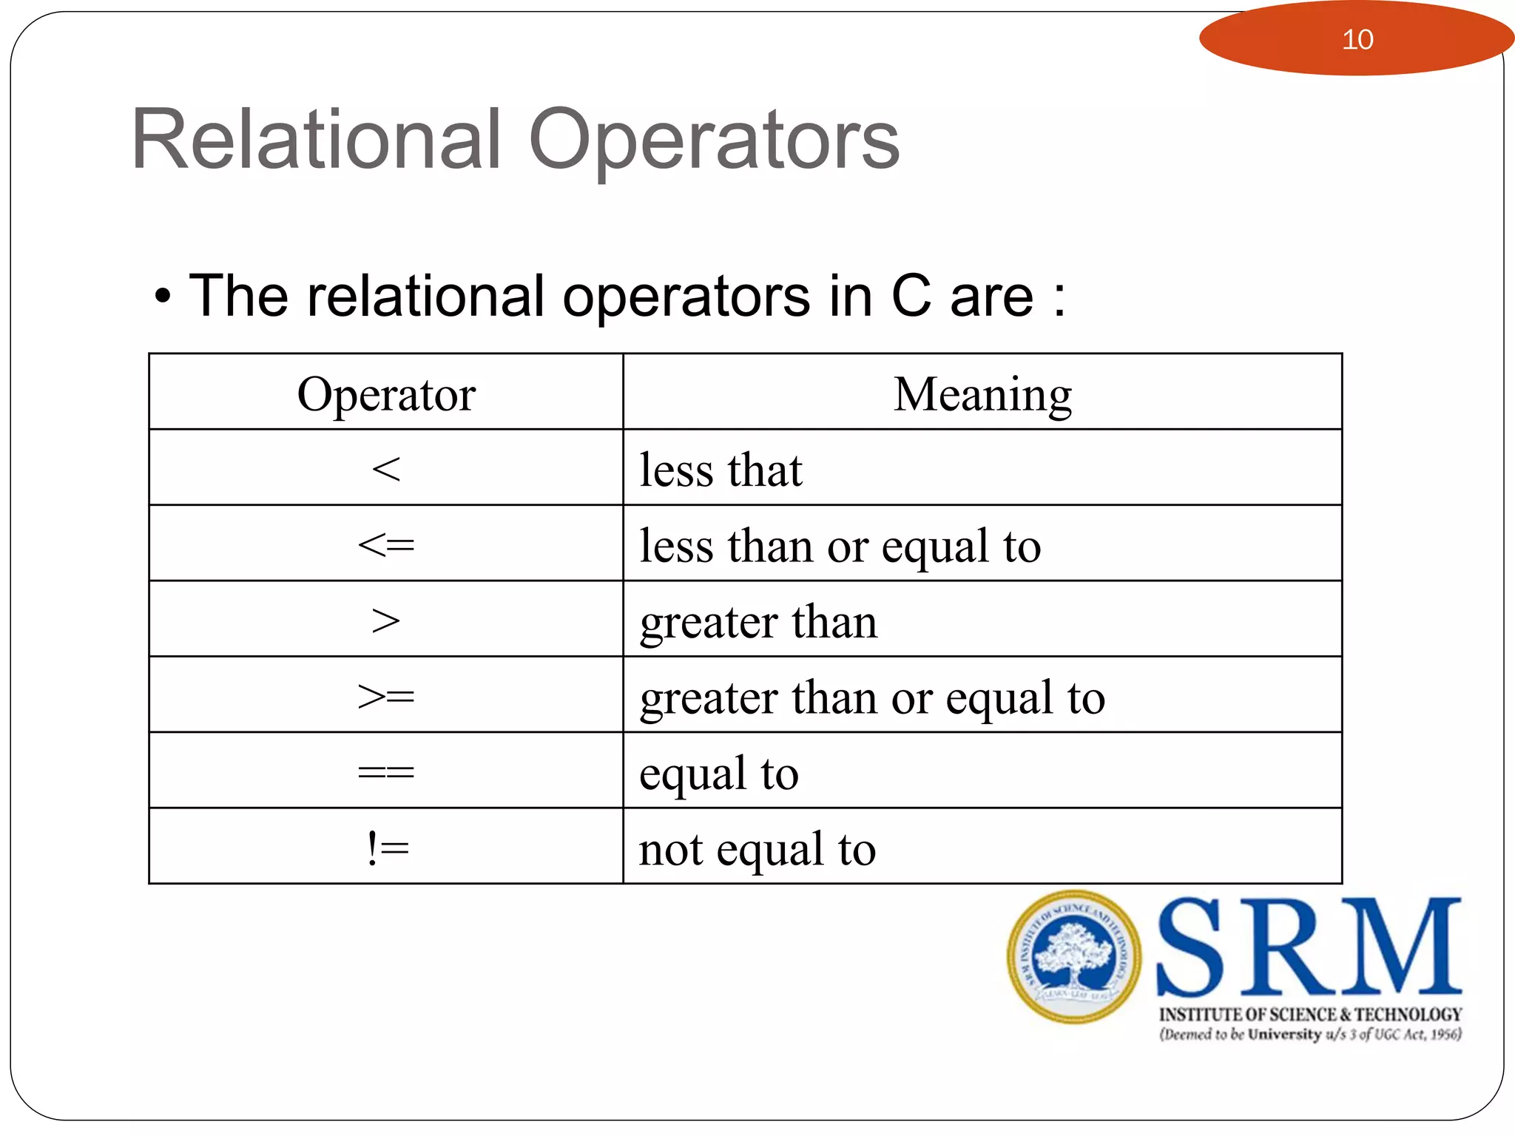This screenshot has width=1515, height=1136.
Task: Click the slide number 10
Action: click(1357, 39)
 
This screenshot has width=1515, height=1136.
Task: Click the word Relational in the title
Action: click(317, 140)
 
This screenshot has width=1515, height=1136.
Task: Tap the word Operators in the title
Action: click(714, 141)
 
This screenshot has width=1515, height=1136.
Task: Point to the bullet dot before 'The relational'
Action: click(163, 298)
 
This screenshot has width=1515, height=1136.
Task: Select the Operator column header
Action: click(386, 394)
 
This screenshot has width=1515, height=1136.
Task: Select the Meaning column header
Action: click(982, 394)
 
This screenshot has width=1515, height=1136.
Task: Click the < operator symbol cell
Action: click(386, 469)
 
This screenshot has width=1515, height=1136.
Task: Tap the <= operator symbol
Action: click(386, 546)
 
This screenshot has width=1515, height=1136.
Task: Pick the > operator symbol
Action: click(386, 621)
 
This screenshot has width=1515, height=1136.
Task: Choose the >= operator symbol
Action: click(386, 697)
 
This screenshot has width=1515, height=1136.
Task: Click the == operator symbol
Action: click(386, 773)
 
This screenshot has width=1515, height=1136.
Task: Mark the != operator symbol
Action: click(387, 848)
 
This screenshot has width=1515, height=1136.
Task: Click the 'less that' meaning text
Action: click(721, 470)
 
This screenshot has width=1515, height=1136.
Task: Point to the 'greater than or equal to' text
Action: click(872, 698)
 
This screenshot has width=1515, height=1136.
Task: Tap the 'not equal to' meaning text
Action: click(757, 850)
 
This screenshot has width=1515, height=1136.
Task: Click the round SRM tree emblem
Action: click(1073, 956)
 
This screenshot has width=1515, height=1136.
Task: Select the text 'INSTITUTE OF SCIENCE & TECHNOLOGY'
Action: click(1310, 1014)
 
